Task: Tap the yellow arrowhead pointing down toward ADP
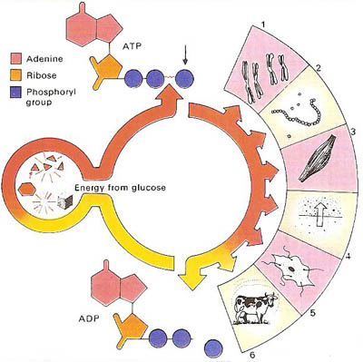(x=193, y=269)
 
